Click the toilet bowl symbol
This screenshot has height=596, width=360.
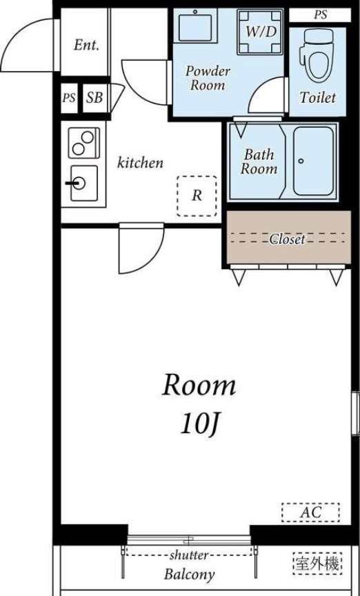[317, 56]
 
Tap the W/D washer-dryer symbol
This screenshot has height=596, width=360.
[261, 32]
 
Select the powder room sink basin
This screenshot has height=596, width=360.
[195, 25]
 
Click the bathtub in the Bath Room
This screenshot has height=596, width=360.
[313, 161]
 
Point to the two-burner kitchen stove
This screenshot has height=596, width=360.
[84, 143]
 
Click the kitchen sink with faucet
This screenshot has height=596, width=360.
[83, 183]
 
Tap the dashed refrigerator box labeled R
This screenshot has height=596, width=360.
[197, 196]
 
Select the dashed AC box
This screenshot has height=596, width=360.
[310, 513]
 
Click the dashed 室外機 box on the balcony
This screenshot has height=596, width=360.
[318, 563]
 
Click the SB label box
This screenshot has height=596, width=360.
[94, 98]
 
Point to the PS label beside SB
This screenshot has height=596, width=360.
[69, 98]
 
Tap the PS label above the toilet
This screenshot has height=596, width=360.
[320, 14]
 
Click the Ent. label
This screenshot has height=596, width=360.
[86, 46]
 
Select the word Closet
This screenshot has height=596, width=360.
[287, 239]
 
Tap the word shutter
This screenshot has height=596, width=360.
[189, 555]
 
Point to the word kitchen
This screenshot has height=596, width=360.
[140, 163]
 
